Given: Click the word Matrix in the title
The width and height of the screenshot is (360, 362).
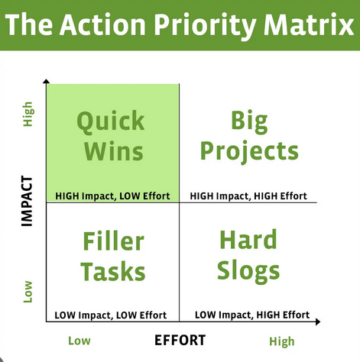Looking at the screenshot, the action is coord(309,24).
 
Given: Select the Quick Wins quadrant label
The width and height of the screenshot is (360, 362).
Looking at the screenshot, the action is coord(111,135).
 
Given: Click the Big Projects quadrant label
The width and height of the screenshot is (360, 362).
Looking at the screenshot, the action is coord(249,135).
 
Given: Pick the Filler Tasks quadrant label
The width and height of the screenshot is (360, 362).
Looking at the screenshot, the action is coord(113,256).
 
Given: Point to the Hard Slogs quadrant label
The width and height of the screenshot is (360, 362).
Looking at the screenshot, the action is coord(248,256).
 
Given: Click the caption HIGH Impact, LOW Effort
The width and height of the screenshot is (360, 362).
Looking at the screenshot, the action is coord(112,196).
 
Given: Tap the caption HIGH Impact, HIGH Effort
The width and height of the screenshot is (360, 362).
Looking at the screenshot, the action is coord(248,196).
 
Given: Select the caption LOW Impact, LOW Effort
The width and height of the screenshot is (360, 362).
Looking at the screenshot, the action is coord(111,315).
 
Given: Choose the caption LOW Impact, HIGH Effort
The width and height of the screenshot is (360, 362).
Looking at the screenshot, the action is coord(252,315).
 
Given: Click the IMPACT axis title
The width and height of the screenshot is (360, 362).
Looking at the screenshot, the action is coord(27,201).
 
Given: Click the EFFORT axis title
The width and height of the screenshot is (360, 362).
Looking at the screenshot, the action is coord(180,340).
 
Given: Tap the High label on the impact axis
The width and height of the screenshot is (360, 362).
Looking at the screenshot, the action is coord(28,114).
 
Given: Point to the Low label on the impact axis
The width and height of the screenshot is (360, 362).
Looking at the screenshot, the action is coord(28,292).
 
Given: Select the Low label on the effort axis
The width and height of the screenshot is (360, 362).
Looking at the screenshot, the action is coord(79,341).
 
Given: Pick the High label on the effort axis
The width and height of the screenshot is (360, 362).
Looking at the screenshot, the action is coord(282,341).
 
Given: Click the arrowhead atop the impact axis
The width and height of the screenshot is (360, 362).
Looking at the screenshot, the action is coord(46,81).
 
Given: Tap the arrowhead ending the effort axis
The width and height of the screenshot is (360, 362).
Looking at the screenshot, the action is coord(318,322).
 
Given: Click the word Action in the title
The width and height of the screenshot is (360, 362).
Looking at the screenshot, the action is coord(102,24).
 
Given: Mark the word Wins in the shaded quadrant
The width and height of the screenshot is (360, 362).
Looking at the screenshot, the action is coord(114,150).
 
